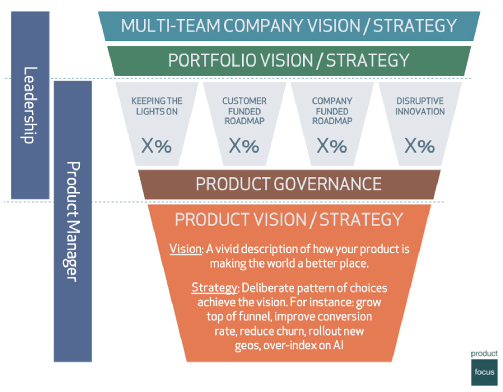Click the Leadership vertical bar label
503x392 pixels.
pos(30,105)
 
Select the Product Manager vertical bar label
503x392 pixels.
pos(73,221)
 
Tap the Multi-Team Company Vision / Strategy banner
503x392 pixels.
pos(289,26)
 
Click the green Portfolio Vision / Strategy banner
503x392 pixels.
pos(289,61)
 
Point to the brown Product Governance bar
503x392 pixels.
pos(289,184)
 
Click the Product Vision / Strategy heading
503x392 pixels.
pos(289,220)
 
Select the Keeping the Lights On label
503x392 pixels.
pos(157,106)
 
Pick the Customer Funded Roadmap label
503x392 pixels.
pos(245,111)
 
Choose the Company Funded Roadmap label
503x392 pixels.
pos(332,111)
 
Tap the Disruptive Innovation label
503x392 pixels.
pos(420,106)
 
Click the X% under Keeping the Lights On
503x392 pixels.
pos(157,146)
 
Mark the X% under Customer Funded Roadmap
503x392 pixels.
pos(244,146)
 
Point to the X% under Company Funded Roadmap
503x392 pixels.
pos(332,146)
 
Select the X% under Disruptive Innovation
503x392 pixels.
pos(420,146)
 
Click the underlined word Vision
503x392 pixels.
pos(186,249)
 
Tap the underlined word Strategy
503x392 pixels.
pos(214,288)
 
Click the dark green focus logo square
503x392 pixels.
pos(484,373)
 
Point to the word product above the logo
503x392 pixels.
pos(484,354)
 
